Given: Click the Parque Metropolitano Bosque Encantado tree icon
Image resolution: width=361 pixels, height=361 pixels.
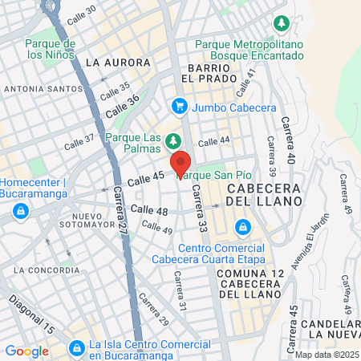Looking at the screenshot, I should pyautogui.click(x=280, y=22).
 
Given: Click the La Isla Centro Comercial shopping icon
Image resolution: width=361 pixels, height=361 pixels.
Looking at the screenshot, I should pyautogui.click(x=77, y=348).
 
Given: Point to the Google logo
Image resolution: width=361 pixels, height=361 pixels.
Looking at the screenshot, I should pyautogui.click(x=26, y=351).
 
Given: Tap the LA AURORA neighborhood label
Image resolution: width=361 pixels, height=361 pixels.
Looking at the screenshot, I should pyautogui.click(x=117, y=62).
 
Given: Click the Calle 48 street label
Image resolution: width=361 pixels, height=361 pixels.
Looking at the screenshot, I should pyautogui.click(x=148, y=210).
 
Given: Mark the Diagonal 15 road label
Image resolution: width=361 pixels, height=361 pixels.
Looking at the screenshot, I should pyautogui.click(x=31, y=315).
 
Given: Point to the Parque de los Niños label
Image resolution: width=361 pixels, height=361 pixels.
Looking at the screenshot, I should pyautogui.click(x=50, y=49).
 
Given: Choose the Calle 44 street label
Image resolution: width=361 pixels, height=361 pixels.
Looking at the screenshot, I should pyautogui.click(x=213, y=141).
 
